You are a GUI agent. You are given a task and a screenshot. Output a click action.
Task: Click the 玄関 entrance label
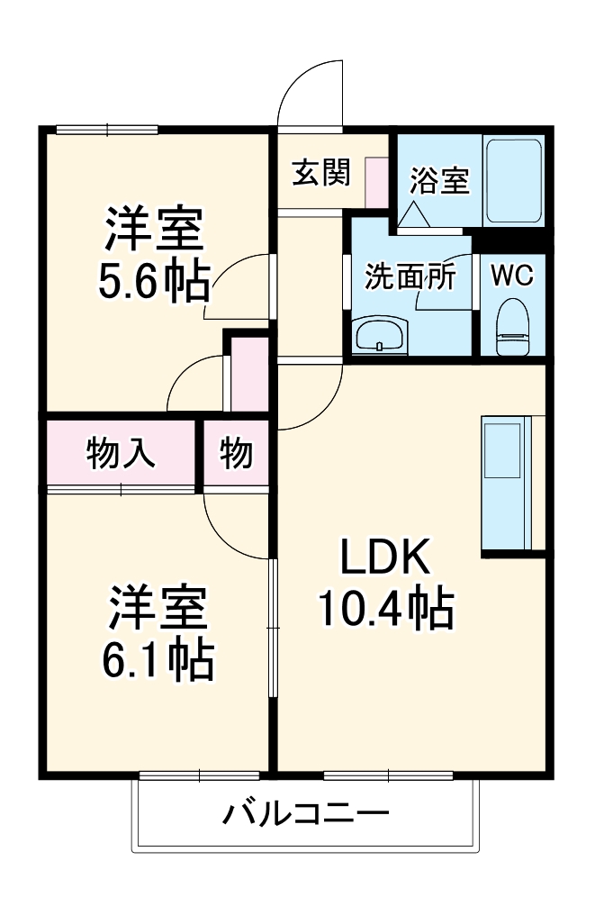[320, 172]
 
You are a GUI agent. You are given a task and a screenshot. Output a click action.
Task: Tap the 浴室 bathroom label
[438, 180]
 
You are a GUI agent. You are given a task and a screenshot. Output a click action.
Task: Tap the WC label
[512, 276]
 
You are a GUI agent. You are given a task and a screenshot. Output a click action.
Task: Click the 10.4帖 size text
[384, 610]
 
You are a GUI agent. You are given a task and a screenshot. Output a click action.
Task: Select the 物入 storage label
[122, 453]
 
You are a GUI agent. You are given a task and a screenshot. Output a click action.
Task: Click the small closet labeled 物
[236, 453]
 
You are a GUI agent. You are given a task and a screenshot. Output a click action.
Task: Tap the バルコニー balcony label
[306, 816]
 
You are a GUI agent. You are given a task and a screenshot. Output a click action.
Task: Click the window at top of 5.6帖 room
[107, 130]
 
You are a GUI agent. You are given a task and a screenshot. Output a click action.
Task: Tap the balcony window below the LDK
[387, 775]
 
